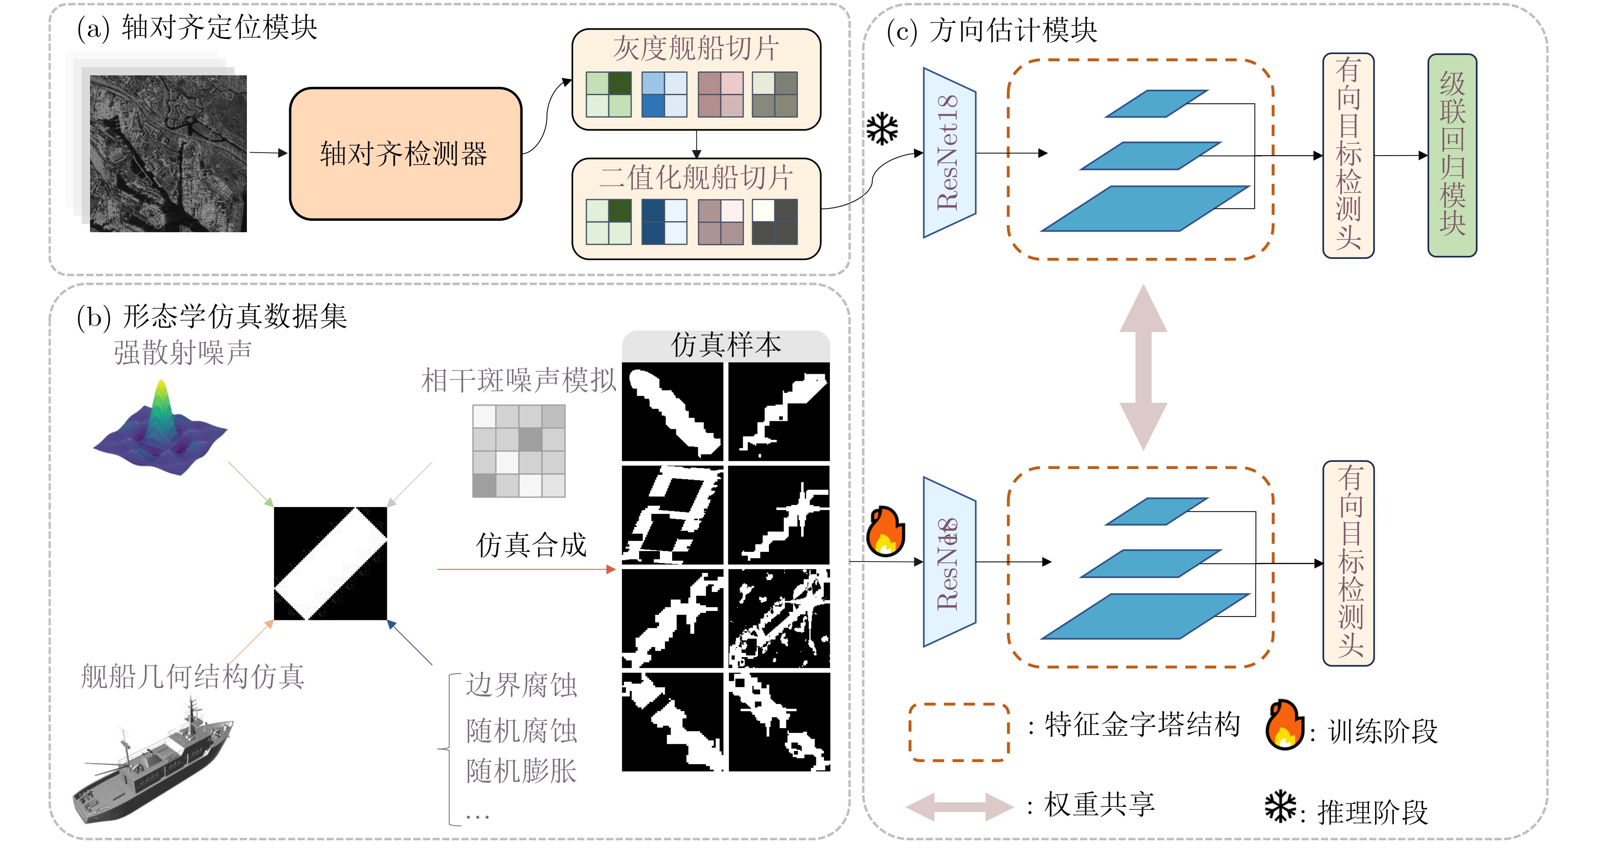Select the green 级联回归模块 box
[1452, 155]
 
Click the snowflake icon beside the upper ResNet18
[881, 129]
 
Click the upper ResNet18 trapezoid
[949, 153]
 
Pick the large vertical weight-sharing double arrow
[1143, 367]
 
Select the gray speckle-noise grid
[519, 450]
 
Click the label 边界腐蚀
[521, 685]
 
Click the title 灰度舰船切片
[695, 48]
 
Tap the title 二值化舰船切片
[695, 178]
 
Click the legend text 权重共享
[1099, 805]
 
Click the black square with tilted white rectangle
[330, 563]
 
